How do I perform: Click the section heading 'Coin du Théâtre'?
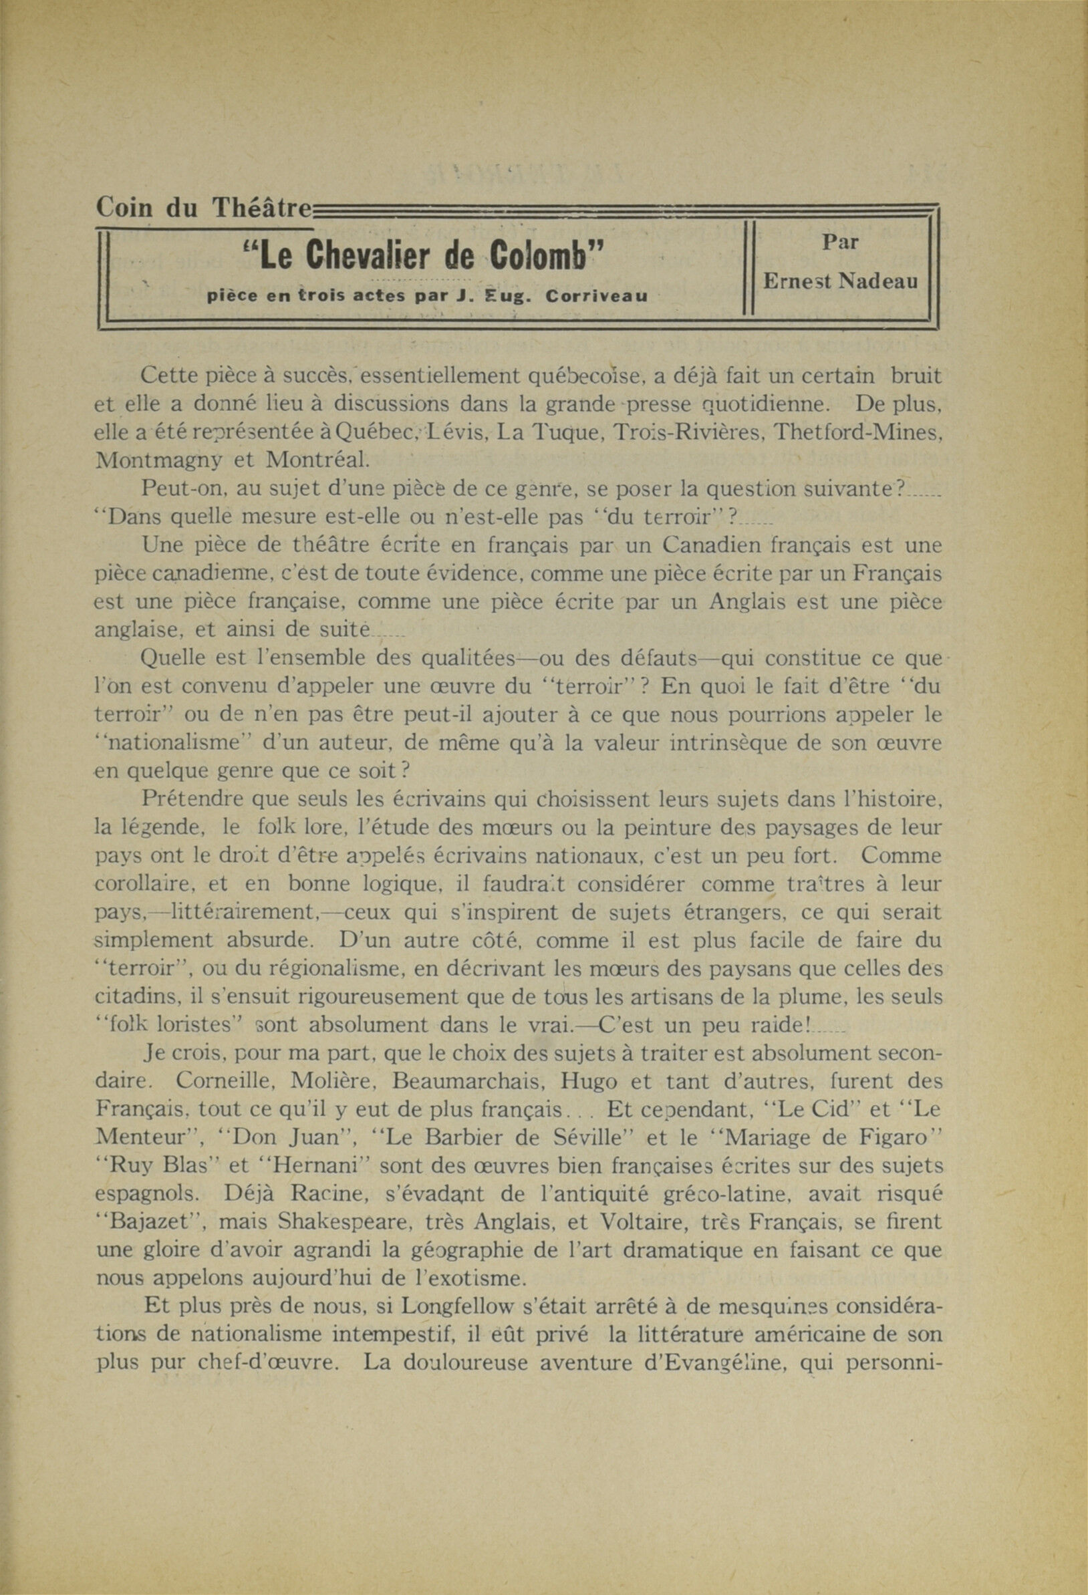point(204,206)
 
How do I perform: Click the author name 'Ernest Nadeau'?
point(840,281)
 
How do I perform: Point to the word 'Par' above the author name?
point(839,242)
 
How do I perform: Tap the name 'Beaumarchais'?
point(464,1081)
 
